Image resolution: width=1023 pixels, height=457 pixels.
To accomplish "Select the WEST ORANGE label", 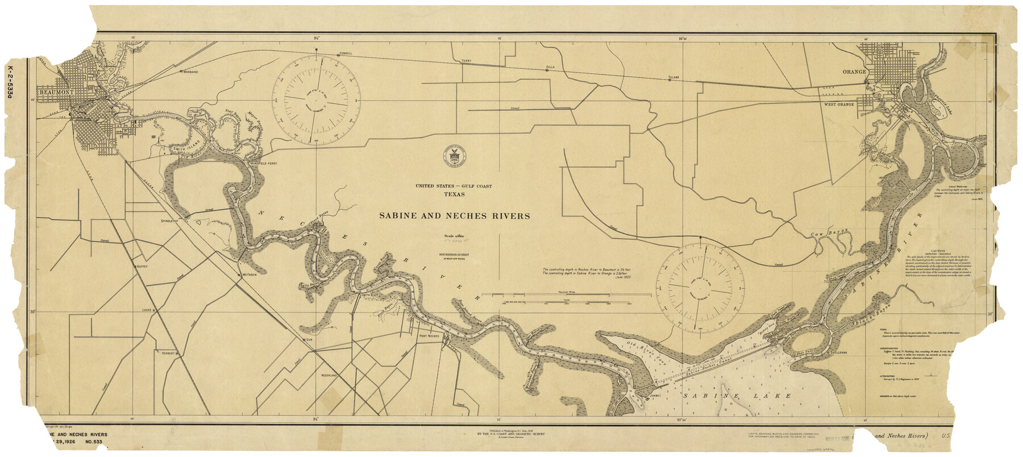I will click(839, 105).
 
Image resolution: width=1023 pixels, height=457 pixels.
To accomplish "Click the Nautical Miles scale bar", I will click(565, 295).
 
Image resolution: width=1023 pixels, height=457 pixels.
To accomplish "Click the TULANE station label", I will click(673, 76).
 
